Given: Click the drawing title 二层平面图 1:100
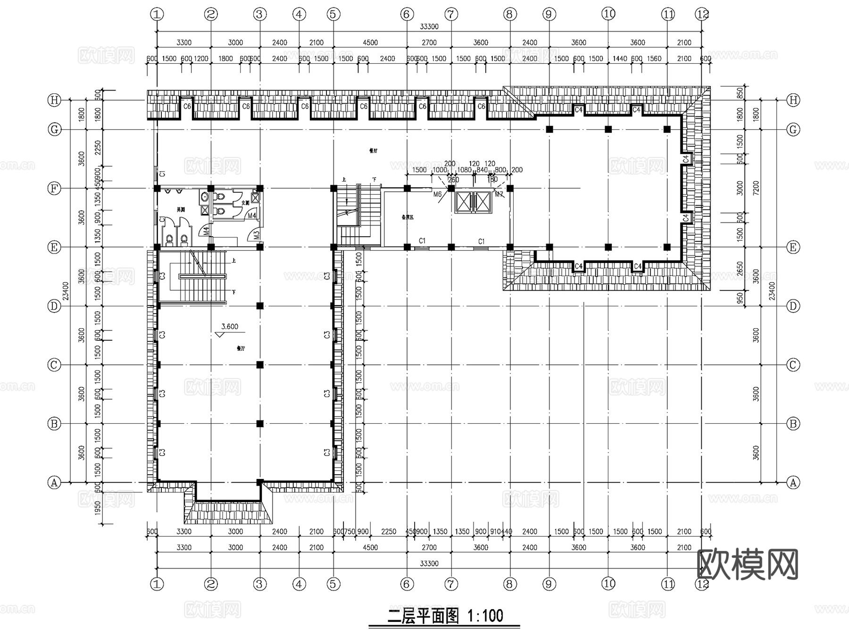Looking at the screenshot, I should [445, 616].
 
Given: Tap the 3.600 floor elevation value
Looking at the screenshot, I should [230, 326].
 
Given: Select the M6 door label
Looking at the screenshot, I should [437, 194].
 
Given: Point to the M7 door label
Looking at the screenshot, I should [499, 194].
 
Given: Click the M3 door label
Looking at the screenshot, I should [257, 234].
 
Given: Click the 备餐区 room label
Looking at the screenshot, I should [407, 217].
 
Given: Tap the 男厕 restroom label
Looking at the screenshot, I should [181, 209].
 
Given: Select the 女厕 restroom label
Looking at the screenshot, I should [245, 203].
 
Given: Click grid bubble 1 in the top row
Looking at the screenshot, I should [157, 14].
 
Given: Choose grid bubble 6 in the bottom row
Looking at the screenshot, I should [407, 584].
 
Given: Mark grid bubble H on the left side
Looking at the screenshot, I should [55, 100].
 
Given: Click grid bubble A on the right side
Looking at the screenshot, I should [793, 482].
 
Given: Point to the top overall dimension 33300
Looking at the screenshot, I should [429, 27].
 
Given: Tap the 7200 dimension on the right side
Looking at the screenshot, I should [756, 188].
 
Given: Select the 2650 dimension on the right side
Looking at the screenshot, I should [740, 269].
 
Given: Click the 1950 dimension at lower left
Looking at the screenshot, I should [98, 507].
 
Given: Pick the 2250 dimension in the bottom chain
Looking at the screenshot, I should [389, 531].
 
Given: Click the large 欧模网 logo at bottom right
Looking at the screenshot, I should [747, 564].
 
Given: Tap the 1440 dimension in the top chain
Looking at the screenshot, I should [620, 58].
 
